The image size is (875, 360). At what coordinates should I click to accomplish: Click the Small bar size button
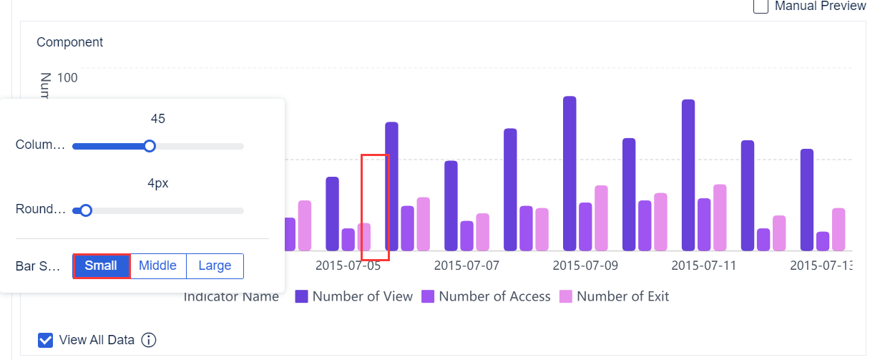tap(101, 266)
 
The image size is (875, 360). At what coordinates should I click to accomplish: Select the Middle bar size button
tap(157, 266)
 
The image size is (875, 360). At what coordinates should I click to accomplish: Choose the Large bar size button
tap(215, 266)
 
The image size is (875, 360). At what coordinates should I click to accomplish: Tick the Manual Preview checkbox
tap(761, 6)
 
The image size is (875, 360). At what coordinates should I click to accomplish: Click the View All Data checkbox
tap(45, 340)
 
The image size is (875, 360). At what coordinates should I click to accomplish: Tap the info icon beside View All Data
tap(149, 340)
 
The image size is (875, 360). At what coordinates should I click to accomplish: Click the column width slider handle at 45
tap(150, 146)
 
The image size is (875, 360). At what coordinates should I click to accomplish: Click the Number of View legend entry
tap(354, 296)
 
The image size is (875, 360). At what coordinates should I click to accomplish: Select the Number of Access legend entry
tap(486, 296)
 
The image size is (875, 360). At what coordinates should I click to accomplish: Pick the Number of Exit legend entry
tap(615, 296)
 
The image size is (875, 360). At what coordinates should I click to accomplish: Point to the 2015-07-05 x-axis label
tap(348, 266)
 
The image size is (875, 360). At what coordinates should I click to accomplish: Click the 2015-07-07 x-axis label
tap(466, 266)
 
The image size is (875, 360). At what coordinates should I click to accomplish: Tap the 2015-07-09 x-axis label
tap(585, 266)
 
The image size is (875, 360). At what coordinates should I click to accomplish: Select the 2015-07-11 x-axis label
tap(703, 266)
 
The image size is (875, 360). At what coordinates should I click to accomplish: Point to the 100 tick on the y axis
tap(68, 77)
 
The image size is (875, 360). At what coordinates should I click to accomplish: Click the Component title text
tap(69, 42)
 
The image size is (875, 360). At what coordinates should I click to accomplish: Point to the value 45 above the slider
tap(158, 119)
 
